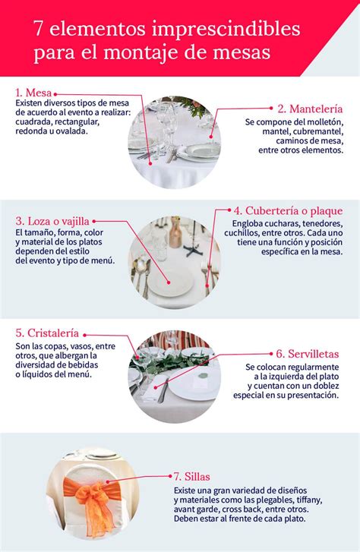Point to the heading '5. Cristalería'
(x=46, y=333)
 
